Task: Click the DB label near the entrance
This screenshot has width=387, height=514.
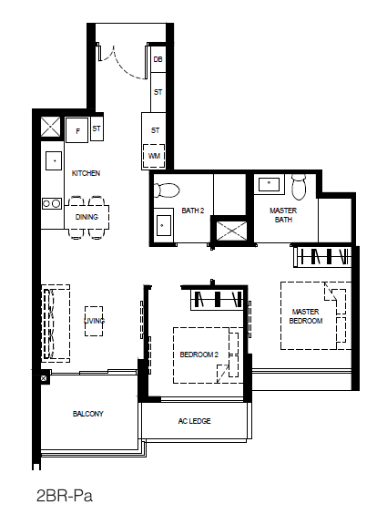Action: click(x=158, y=59)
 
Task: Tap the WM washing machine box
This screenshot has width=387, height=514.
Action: click(x=154, y=156)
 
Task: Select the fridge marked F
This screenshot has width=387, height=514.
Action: click(x=76, y=130)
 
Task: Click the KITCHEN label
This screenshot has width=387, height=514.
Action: click(x=86, y=173)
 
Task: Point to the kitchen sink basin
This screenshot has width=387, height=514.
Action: click(x=54, y=160)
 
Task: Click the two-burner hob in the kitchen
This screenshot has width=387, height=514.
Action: click(x=52, y=203)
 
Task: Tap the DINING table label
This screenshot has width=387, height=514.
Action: click(x=87, y=217)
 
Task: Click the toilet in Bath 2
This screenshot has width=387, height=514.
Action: click(x=167, y=190)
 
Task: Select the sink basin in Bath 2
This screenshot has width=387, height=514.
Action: click(x=163, y=225)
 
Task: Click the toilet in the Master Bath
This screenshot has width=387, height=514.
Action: click(x=299, y=186)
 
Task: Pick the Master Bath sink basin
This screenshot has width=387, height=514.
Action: click(x=269, y=184)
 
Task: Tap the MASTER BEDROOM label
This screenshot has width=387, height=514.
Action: click(x=306, y=316)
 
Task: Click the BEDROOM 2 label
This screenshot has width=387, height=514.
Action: click(x=199, y=355)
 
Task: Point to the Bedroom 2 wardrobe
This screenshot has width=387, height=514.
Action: click(x=217, y=300)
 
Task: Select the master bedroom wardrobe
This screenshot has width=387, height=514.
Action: click(x=322, y=257)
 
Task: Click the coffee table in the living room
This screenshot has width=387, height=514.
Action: click(x=94, y=321)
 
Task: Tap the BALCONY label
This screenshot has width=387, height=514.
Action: click(x=88, y=414)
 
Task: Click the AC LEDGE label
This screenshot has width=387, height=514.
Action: click(x=195, y=421)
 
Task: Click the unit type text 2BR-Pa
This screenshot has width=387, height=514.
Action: click(x=64, y=496)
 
